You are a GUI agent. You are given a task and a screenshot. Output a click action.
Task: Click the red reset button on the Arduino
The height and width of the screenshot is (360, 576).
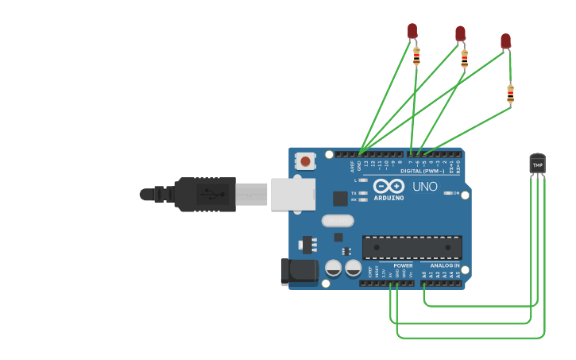coord(306,162)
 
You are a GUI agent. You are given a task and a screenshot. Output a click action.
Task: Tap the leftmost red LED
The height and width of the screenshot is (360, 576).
coord(412,30)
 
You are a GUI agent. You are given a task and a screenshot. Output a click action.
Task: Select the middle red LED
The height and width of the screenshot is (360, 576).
coord(460,33)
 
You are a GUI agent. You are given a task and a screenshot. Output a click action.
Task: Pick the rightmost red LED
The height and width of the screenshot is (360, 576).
coord(505,41)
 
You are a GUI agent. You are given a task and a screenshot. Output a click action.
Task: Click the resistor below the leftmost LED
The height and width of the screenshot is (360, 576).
coord(416,56)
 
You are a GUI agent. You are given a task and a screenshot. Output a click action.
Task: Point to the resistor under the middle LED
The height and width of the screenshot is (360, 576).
coord(464,58)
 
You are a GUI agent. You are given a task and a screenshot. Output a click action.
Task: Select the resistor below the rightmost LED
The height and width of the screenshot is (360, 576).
coord(510,95)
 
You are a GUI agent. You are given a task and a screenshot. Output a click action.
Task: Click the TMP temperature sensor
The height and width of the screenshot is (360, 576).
coord(538,163)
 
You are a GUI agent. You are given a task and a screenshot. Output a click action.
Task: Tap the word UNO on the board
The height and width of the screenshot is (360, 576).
coord(424,187)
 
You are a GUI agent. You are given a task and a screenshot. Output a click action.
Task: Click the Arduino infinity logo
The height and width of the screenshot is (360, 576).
coord(389,186)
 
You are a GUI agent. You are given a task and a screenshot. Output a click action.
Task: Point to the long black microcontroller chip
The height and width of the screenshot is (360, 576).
coord(412,247)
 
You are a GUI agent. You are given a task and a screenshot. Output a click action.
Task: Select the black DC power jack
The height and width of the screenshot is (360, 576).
coord(299,271)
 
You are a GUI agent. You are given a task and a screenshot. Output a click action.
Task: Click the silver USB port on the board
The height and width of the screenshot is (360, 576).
coord(292,194)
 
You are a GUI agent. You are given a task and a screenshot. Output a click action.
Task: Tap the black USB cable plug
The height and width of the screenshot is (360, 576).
coord(205,194)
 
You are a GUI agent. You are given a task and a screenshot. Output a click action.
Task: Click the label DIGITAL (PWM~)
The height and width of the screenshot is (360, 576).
coord(422,172)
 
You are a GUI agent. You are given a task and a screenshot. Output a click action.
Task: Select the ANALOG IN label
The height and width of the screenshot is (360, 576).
coord(439,265)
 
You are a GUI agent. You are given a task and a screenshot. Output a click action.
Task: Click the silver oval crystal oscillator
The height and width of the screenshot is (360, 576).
coord(338,221)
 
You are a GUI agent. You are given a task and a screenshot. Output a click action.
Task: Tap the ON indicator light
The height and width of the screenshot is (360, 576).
coord(448,193)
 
